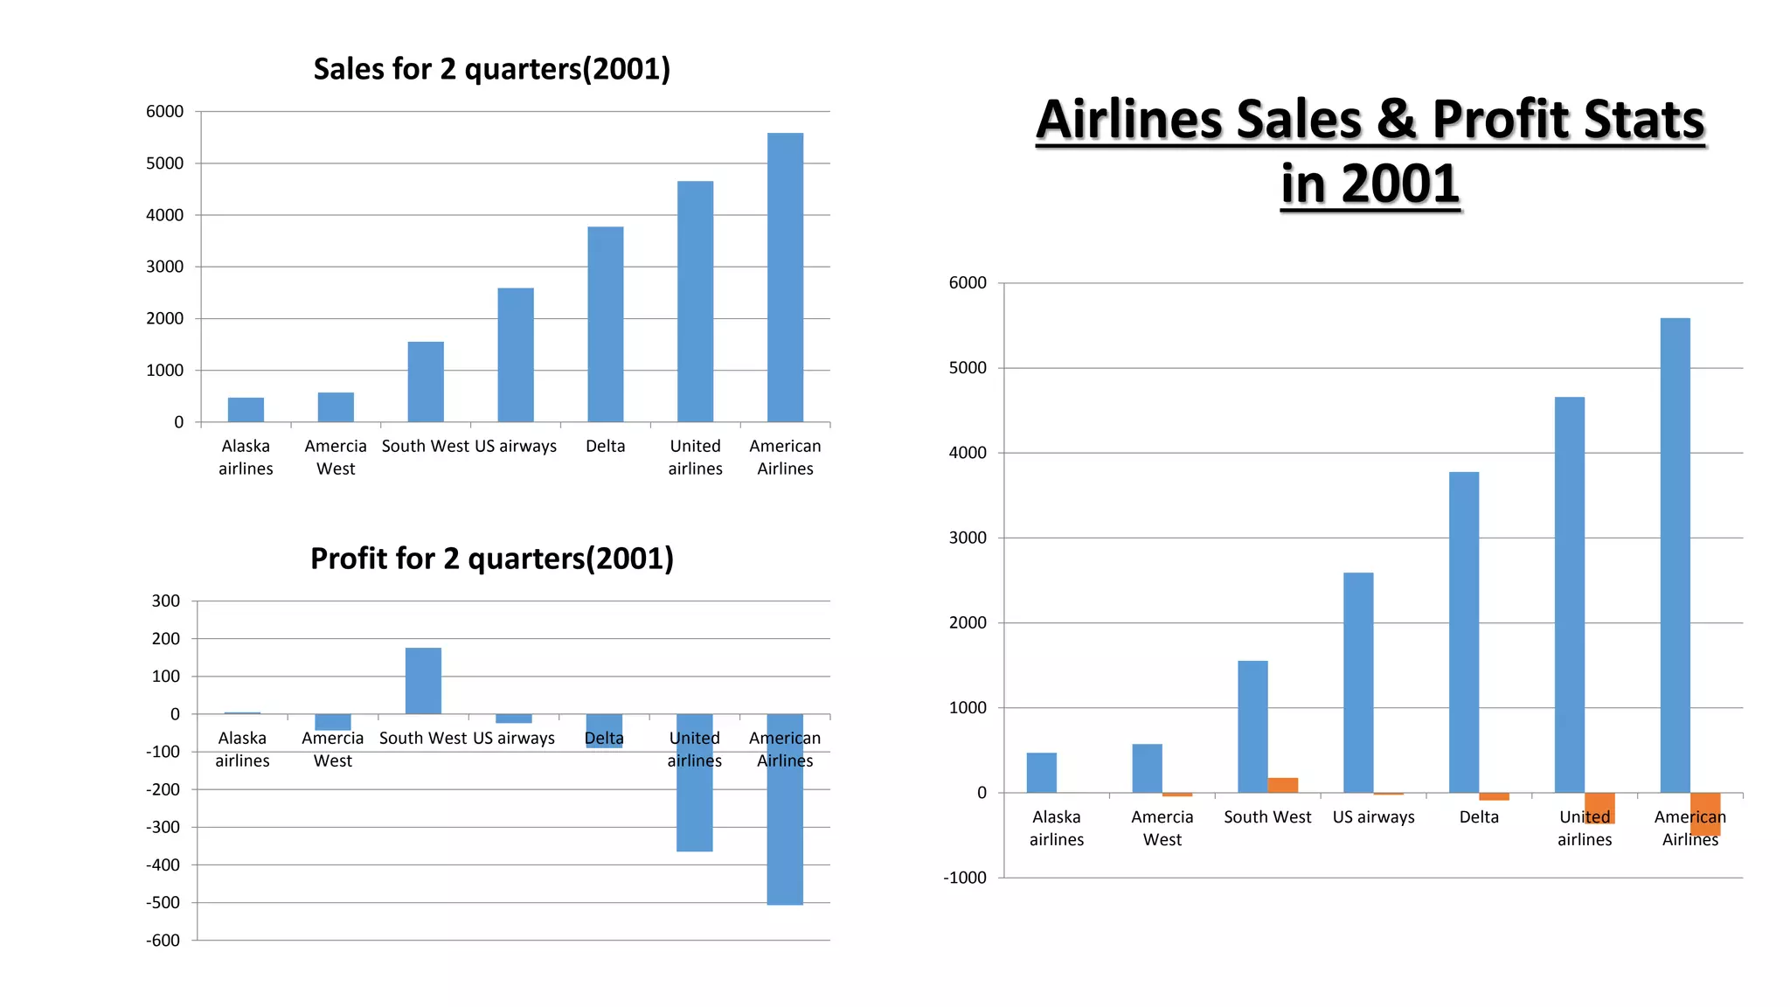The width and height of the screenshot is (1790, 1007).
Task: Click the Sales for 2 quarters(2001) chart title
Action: [x=491, y=69]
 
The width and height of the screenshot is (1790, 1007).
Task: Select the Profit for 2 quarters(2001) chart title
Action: [x=491, y=559]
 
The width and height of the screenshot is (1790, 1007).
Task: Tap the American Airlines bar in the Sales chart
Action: [x=785, y=277]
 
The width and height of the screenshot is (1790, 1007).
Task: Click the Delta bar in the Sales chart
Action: [x=605, y=324]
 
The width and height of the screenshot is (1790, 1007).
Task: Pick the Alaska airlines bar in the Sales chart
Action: [x=246, y=410]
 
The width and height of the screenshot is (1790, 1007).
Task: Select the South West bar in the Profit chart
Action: [x=423, y=681]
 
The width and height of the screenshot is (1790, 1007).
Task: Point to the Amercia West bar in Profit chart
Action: [x=333, y=722]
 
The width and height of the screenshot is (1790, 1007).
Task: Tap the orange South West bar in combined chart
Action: [x=1282, y=785]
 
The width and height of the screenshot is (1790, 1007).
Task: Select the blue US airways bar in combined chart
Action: [x=1357, y=683]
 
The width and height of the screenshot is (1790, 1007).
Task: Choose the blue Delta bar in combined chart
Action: [x=1463, y=632]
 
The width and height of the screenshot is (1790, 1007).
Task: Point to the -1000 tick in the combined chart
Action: [x=964, y=878]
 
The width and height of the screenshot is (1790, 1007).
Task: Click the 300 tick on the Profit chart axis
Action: [x=165, y=601]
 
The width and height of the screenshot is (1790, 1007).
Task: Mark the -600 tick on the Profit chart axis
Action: [x=163, y=941]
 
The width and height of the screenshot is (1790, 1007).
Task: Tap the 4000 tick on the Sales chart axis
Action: [x=164, y=215]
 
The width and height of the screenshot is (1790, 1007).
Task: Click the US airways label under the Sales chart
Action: [x=516, y=446]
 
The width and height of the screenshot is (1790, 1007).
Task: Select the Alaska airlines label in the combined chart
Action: [x=1056, y=828]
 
